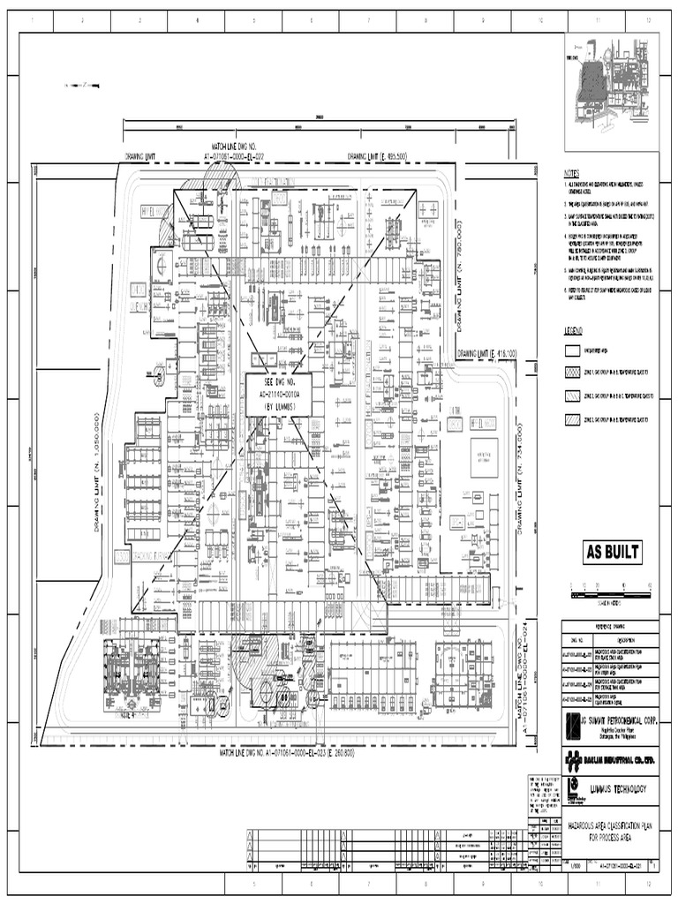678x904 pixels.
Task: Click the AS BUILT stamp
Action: point(611,554)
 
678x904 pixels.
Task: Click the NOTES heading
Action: point(575,174)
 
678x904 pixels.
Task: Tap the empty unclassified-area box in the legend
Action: point(573,350)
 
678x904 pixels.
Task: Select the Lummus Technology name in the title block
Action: point(618,788)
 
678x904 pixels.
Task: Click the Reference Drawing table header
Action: point(609,625)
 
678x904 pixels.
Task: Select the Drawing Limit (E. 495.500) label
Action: point(377,156)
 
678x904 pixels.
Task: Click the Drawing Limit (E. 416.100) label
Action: point(486,353)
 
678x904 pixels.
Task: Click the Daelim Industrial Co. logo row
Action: point(610,758)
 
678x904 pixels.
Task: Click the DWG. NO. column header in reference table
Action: point(578,638)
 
